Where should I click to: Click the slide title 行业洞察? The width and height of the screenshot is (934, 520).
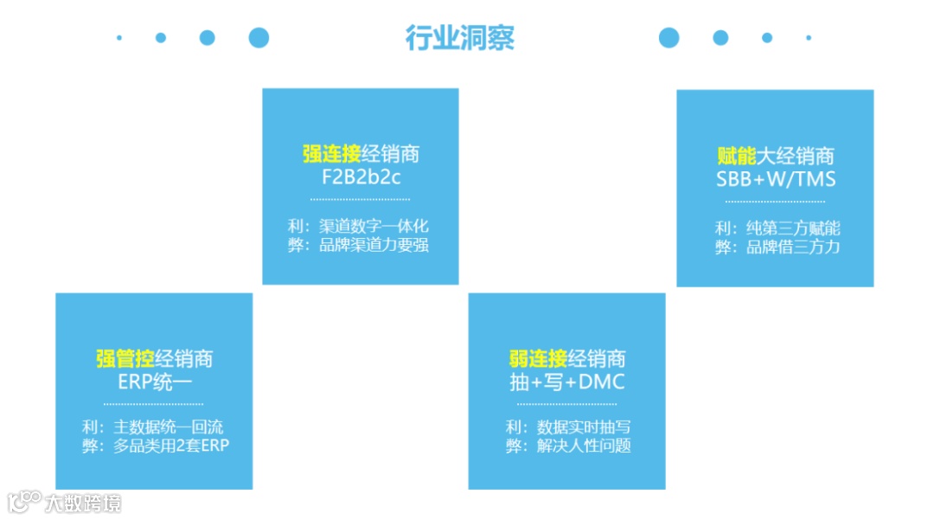(x=460, y=38)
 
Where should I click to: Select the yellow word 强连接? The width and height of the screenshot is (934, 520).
(x=331, y=155)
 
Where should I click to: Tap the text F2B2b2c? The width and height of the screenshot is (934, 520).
(x=360, y=177)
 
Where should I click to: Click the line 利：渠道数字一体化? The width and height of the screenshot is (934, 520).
(x=360, y=227)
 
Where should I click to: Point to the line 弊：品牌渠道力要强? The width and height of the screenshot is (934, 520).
(x=360, y=245)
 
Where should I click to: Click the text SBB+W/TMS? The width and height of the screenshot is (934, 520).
(x=776, y=179)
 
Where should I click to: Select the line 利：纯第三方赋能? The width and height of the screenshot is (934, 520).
(x=777, y=228)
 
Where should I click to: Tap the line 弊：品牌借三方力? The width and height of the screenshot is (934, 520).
(x=777, y=247)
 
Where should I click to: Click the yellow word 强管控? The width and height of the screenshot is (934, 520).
(x=125, y=359)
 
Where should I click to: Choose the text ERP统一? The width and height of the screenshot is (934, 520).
(x=155, y=382)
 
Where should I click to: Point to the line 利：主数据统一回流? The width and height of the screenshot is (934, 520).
(x=154, y=427)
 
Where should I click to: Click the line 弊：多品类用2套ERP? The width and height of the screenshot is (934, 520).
(x=154, y=446)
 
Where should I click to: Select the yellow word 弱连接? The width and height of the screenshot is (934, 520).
(x=538, y=359)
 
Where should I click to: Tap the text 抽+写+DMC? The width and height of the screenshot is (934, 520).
(x=567, y=382)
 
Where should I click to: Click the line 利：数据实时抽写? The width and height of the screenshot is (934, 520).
(x=567, y=427)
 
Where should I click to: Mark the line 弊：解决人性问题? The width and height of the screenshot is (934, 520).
(x=567, y=446)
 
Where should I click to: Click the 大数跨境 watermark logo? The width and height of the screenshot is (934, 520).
(x=64, y=502)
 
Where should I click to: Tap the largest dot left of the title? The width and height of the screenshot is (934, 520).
(x=259, y=37)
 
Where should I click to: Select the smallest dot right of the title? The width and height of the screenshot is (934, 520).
(x=809, y=37)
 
